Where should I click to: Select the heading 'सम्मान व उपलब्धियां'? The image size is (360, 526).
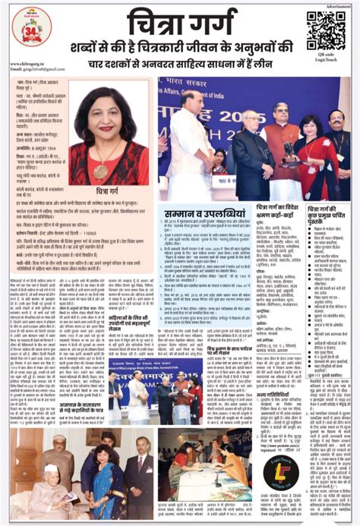[x=202, y=216]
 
